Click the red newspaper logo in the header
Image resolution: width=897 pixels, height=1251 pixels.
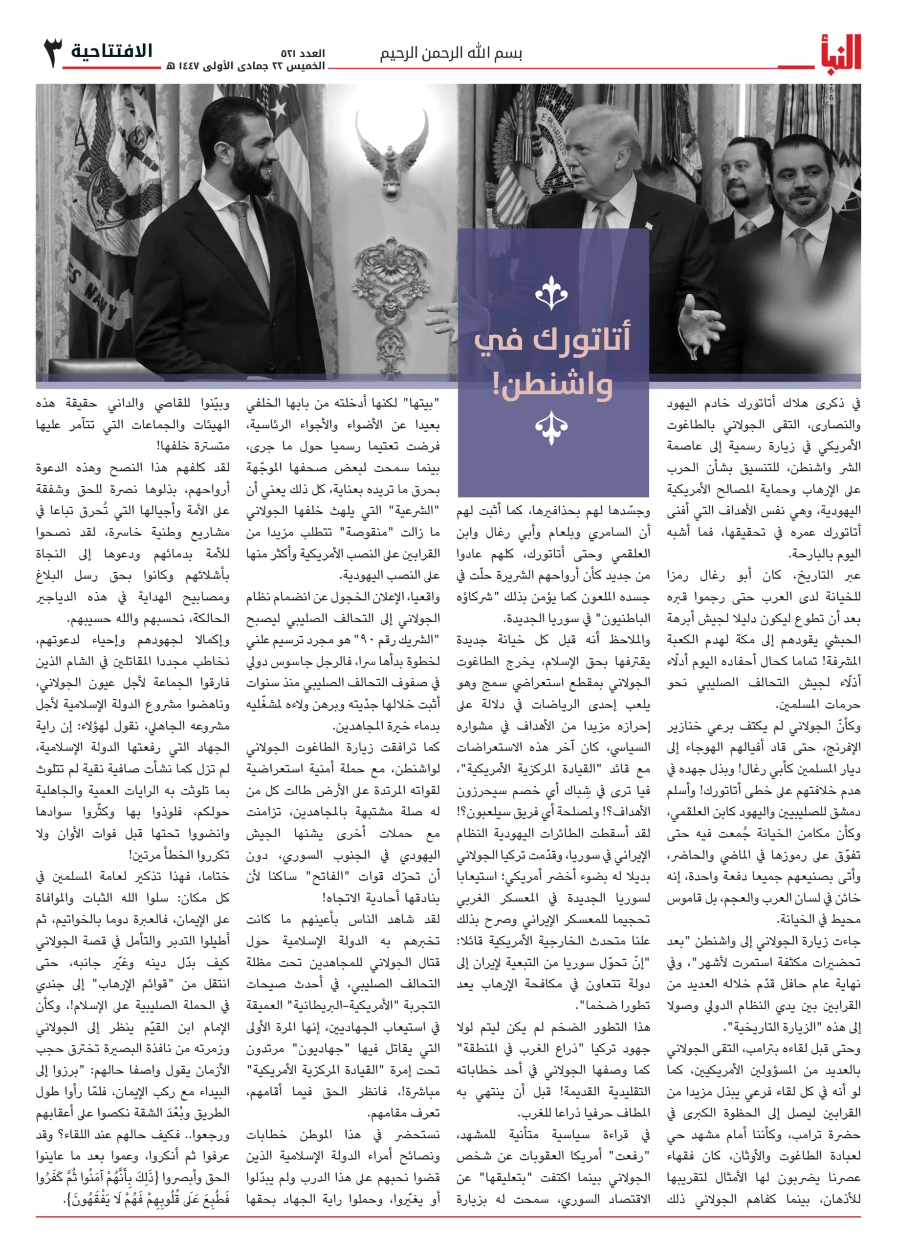tap(840, 53)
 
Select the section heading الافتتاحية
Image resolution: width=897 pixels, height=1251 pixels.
tap(111, 51)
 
